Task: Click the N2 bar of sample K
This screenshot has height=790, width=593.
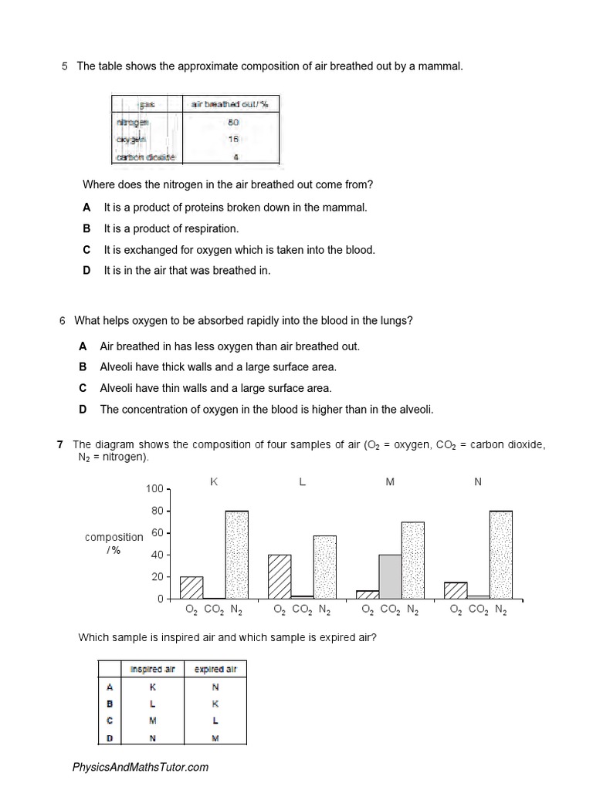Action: click(237, 555)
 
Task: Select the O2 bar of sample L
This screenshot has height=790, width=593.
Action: click(280, 576)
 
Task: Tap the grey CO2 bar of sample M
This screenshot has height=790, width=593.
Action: click(390, 576)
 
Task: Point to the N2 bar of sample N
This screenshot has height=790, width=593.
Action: click(501, 555)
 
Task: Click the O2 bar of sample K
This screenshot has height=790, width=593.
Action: click(191, 587)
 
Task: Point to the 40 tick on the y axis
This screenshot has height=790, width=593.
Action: click(157, 555)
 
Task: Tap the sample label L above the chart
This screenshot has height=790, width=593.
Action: click(302, 481)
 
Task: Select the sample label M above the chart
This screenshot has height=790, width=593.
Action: click(390, 481)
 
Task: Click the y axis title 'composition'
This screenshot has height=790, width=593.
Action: click(114, 537)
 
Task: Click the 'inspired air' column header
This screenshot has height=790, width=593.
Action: click(152, 669)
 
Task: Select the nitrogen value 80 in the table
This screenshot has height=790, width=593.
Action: click(234, 122)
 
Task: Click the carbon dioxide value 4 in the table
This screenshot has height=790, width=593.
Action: click(236, 157)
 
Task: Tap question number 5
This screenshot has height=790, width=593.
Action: click(64, 66)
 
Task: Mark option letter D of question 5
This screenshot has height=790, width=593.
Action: click(86, 271)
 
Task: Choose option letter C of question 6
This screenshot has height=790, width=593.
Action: click(83, 389)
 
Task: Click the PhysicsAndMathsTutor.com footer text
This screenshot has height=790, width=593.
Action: click(140, 767)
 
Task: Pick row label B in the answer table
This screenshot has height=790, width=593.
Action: click(110, 704)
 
